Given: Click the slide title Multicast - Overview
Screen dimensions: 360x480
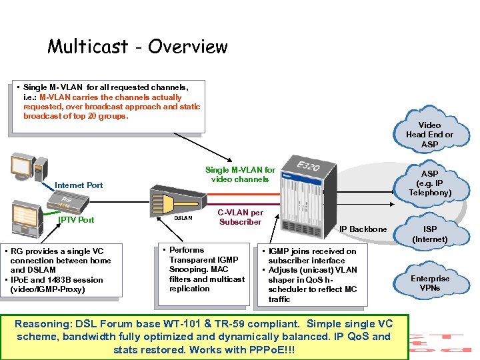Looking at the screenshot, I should click(x=137, y=47).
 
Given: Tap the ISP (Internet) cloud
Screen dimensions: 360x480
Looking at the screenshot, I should click(x=429, y=234).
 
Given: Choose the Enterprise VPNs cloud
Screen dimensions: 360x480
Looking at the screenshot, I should click(x=429, y=283).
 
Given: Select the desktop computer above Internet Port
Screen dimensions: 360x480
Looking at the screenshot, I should click(x=27, y=170).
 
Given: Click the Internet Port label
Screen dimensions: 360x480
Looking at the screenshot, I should click(x=79, y=185).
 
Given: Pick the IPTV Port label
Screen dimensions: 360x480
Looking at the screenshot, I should click(x=77, y=220).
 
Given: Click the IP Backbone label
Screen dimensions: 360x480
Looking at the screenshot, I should click(x=363, y=229).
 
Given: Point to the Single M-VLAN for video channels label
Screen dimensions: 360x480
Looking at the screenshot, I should click(x=240, y=175).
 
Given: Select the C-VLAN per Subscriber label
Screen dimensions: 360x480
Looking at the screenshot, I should click(x=240, y=217).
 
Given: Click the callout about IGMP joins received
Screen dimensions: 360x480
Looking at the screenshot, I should click(x=312, y=275).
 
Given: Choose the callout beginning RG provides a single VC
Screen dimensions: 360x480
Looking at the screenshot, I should click(x=61, y=270).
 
